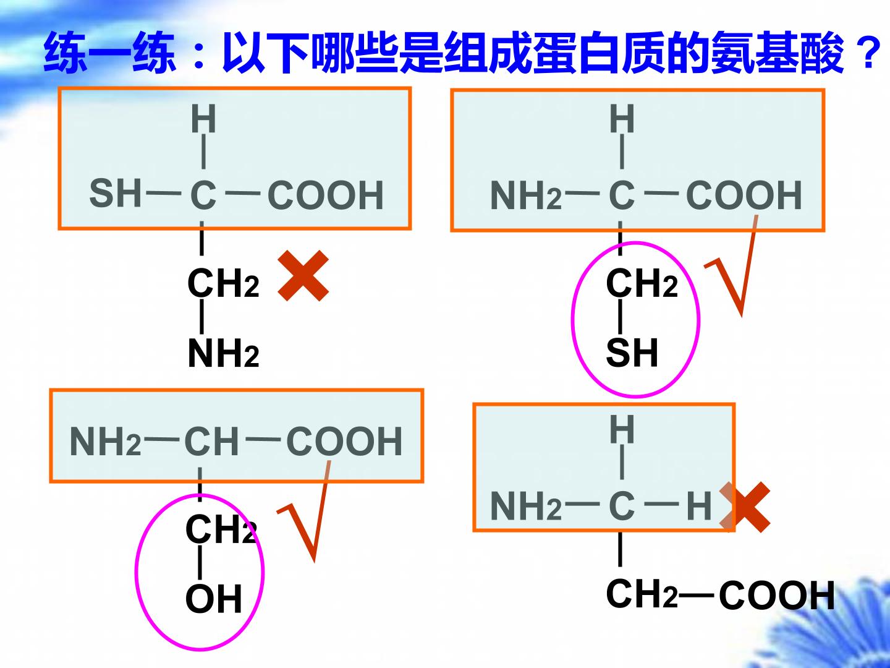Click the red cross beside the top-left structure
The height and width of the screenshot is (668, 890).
tap(303, 276)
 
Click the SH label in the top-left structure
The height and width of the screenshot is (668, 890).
tap(115, 194)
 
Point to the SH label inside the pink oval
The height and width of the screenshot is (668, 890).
tap(632, 353)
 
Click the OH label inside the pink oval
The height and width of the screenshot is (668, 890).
tap(214, 599)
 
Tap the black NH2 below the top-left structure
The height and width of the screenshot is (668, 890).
tap(223, 353)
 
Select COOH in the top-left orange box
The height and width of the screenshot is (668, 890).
tap(325, 195)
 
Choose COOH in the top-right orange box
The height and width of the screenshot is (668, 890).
tap(744, 195)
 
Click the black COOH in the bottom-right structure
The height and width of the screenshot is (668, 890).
tap(776, 596)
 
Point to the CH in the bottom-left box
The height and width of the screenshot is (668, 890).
tap(211, 441)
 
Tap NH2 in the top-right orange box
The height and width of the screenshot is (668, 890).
tap(526, 195)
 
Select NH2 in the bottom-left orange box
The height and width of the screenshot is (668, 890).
tap(106, 441)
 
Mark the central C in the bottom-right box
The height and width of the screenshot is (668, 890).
tap(621, 506)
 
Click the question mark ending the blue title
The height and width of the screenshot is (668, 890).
tap(867, 53)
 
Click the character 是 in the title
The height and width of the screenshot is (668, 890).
tap(422, 53)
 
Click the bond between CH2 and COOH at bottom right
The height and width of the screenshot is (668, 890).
tap(696, 596)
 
